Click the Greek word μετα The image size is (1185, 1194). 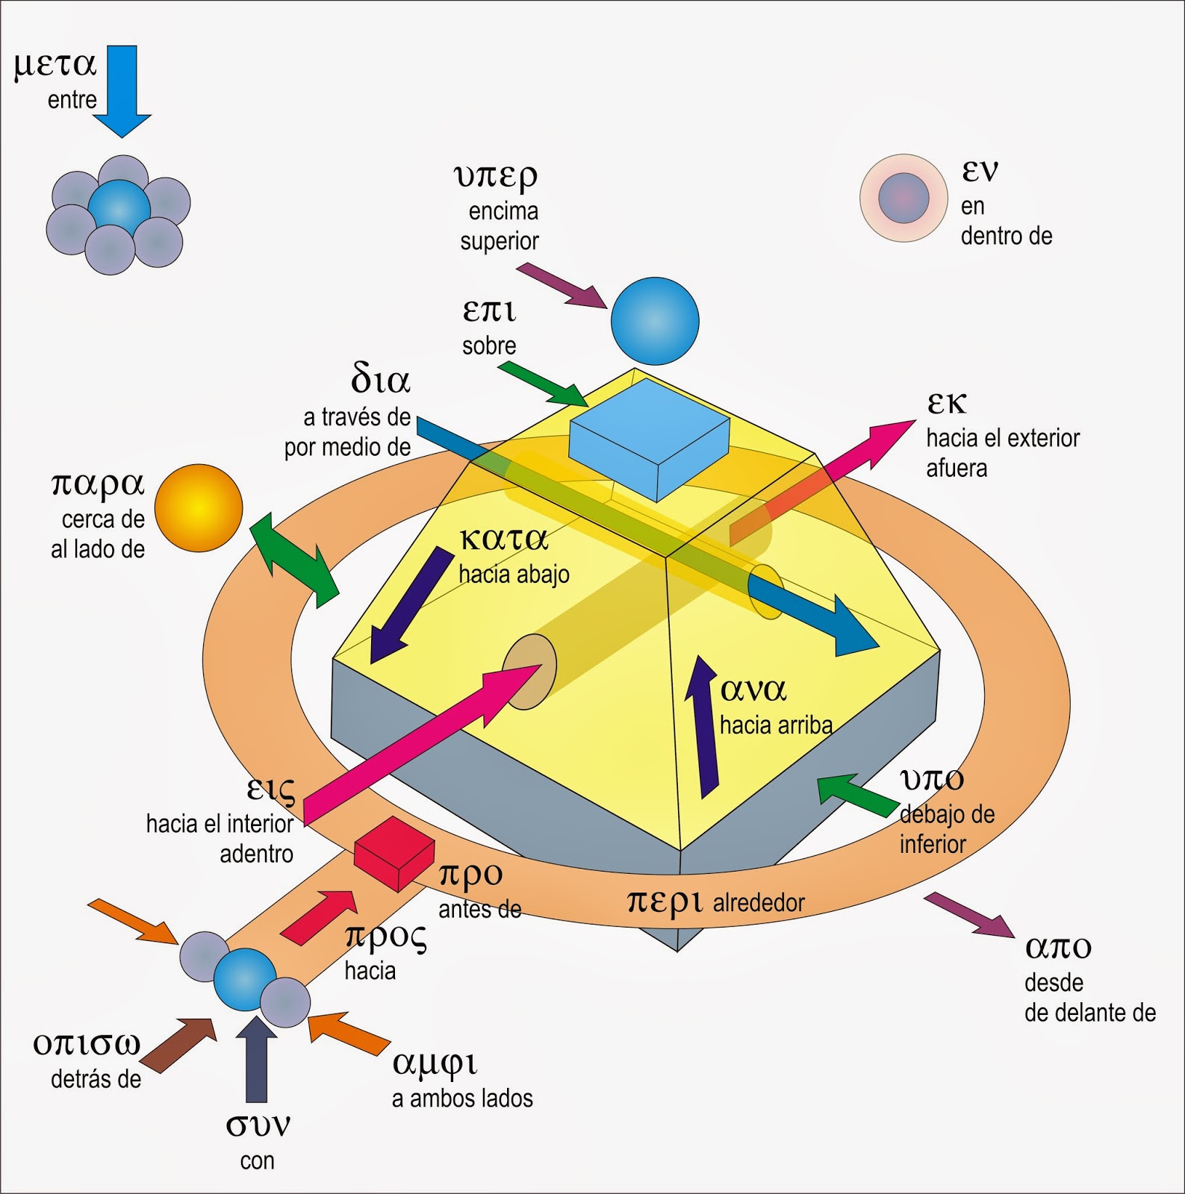(55, 65)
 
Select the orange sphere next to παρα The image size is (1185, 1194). (199, 507)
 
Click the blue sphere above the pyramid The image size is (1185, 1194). (655, 321)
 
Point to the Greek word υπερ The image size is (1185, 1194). (496, 176)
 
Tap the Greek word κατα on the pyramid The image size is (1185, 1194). (504, 539)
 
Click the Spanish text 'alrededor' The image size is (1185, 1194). (759, 903)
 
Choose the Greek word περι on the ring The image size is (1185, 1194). (665, 901)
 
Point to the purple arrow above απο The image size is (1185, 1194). (969, 915)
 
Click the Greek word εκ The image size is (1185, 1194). (947, 404)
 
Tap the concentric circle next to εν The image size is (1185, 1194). (903, 198)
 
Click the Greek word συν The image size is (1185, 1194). (258, 1125)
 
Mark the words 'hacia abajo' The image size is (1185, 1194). (514, 575)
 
